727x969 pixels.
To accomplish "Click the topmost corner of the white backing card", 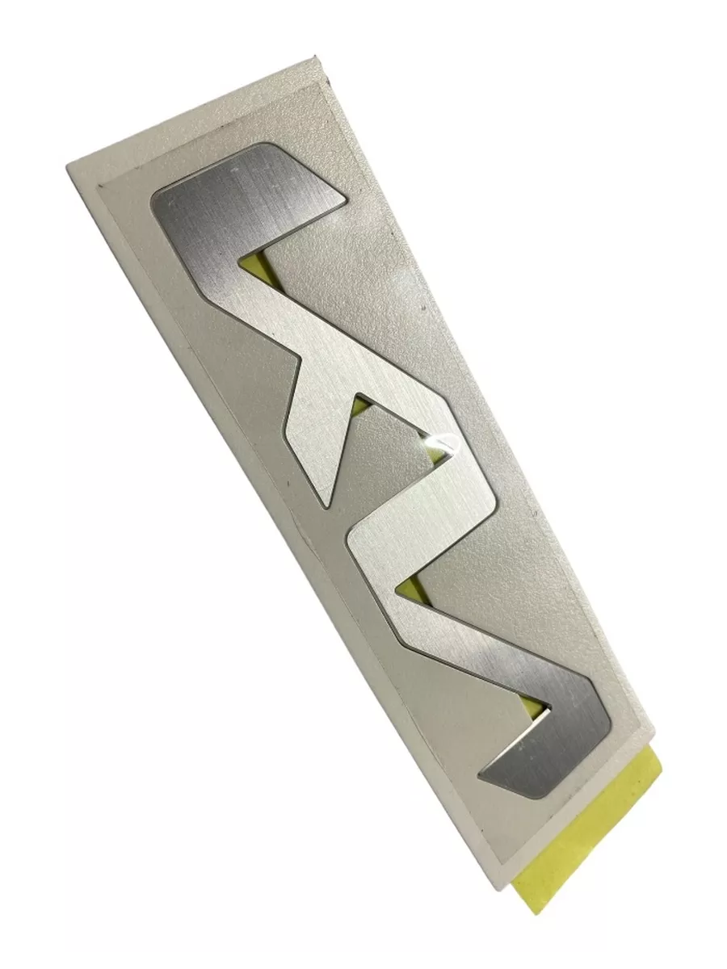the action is tap(314, 56).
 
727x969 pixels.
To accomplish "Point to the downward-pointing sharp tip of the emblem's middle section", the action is tap(326, 507).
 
